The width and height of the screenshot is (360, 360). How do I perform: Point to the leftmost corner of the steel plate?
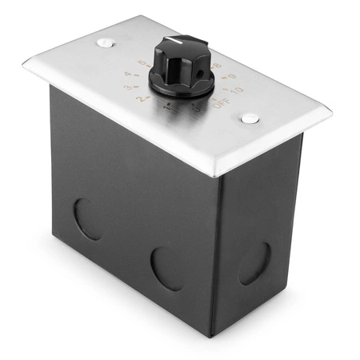[x=24, y=66]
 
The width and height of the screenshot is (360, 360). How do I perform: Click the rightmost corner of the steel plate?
[x=330, y=110]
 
